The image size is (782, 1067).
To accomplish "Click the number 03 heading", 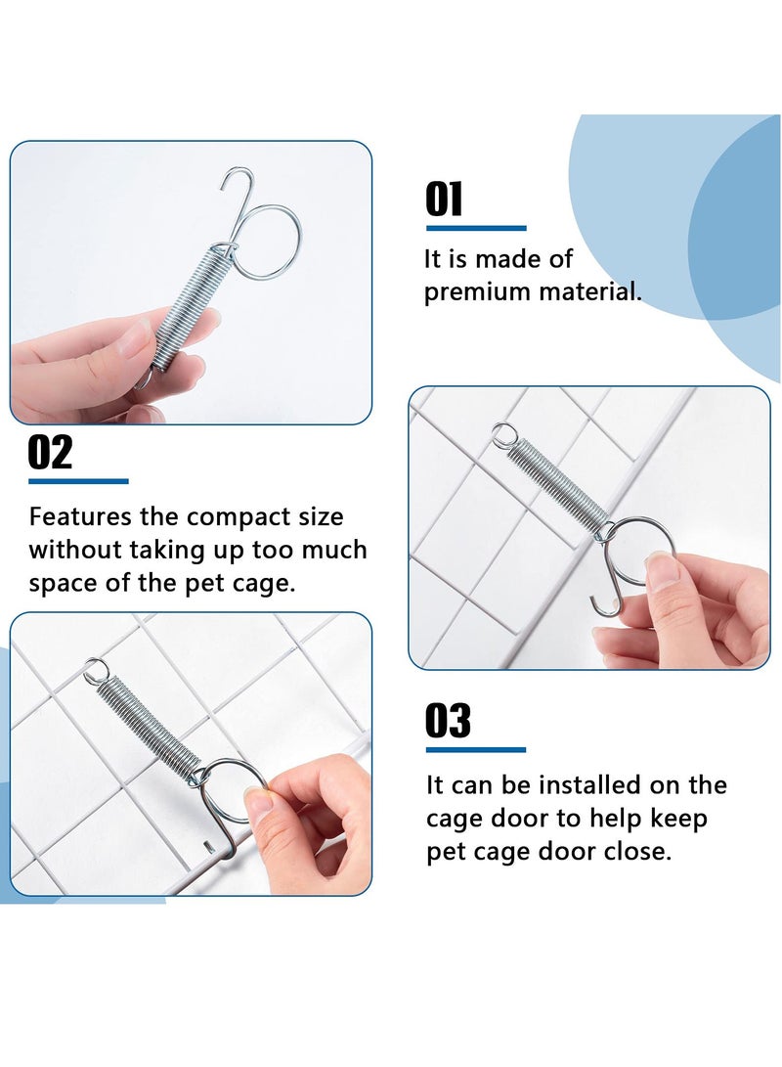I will point(448,722).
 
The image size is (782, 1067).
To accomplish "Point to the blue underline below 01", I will point(475,229).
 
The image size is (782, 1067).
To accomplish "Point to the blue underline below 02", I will point(78,481).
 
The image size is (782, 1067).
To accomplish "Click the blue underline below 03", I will point(475,750).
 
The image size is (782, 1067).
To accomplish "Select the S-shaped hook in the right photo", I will point(611,587).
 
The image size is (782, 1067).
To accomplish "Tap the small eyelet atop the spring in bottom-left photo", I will point(96,671).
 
